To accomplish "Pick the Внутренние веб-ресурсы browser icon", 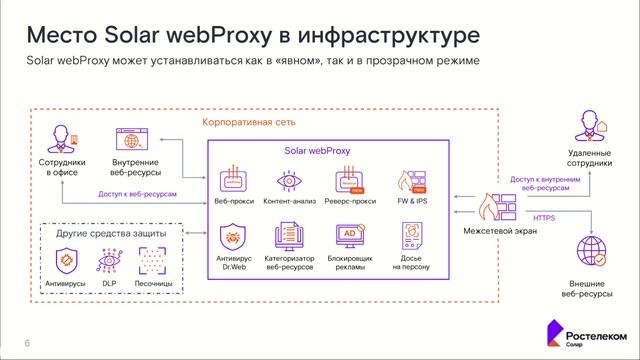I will (x=130, y=138).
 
